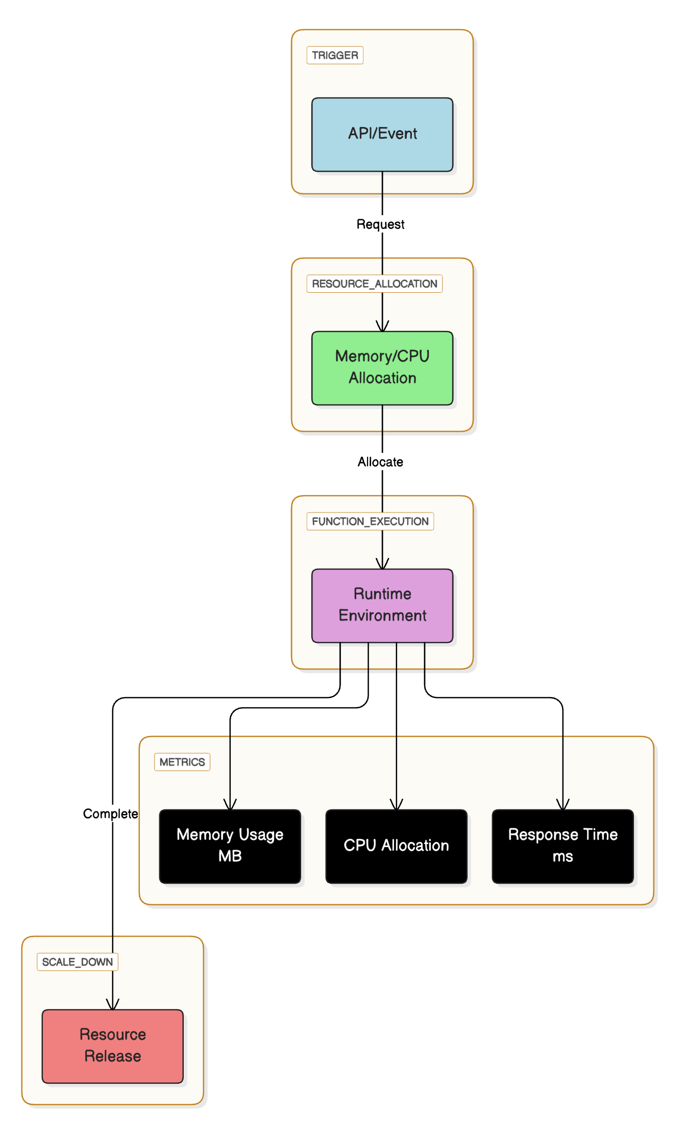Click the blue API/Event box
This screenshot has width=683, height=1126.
point(382,134)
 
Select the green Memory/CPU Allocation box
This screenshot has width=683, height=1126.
point(382,368)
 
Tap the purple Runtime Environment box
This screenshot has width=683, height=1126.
point(382,605)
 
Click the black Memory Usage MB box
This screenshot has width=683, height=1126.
point(230,846)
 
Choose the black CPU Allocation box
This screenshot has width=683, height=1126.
point(396,846)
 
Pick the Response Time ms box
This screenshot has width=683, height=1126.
point(563,846)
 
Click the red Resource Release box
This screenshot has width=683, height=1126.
point(112,1046)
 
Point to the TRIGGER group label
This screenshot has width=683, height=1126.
point(335,55)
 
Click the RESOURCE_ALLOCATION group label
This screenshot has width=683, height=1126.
point(374,284)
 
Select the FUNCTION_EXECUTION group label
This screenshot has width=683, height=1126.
point(370,521)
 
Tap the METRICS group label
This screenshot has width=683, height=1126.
point(182,762)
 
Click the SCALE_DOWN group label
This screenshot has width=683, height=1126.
point(77,962)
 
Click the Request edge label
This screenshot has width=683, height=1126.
point(380,224)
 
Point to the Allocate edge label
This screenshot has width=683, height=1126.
point(380,462)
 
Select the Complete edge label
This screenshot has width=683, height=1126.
point(110,814)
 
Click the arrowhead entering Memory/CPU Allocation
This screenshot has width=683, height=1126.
point(382,327)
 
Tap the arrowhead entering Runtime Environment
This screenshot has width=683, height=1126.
point(382,565)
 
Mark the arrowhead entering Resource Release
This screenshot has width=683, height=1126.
point(113,1005)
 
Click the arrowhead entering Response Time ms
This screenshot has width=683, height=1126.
point(563,805)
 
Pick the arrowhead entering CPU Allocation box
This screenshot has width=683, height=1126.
point(397,805)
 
